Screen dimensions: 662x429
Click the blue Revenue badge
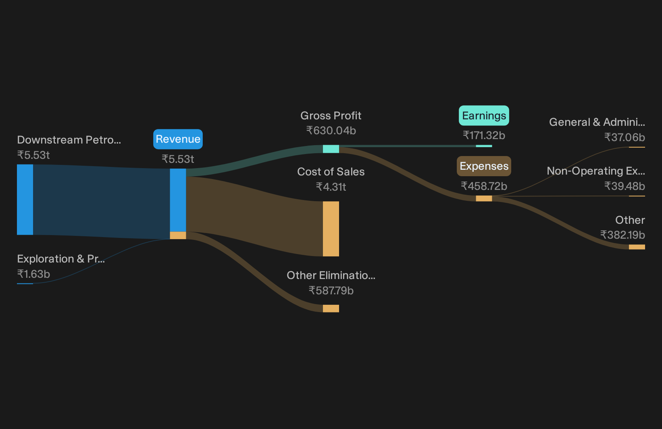(178, 139)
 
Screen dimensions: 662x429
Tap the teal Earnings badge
(484, 116)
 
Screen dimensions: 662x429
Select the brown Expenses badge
(484, 166)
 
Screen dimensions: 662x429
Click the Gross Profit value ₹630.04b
(331, 130)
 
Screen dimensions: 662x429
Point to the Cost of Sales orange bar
(331, 229)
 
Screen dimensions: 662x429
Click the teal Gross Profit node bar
(331, 149)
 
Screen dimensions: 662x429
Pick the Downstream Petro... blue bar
(25, 200)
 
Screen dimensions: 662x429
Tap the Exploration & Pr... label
(61, 259)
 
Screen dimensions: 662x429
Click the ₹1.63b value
(33, 274)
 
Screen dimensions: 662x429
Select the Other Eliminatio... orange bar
(331, 308)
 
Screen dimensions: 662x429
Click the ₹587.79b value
(331, 291)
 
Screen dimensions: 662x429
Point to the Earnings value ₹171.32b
(484, 135)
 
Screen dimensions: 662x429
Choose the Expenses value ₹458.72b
(484, 186)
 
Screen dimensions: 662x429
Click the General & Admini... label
(597, 122)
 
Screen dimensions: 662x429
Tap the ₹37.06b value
(625, 137)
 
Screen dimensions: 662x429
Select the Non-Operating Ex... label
(596, 171)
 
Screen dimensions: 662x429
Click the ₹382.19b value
(622, 235)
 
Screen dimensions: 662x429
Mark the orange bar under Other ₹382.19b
(637, 247)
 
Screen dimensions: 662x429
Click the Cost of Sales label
(331, 172)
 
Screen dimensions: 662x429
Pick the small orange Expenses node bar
(484, 198)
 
